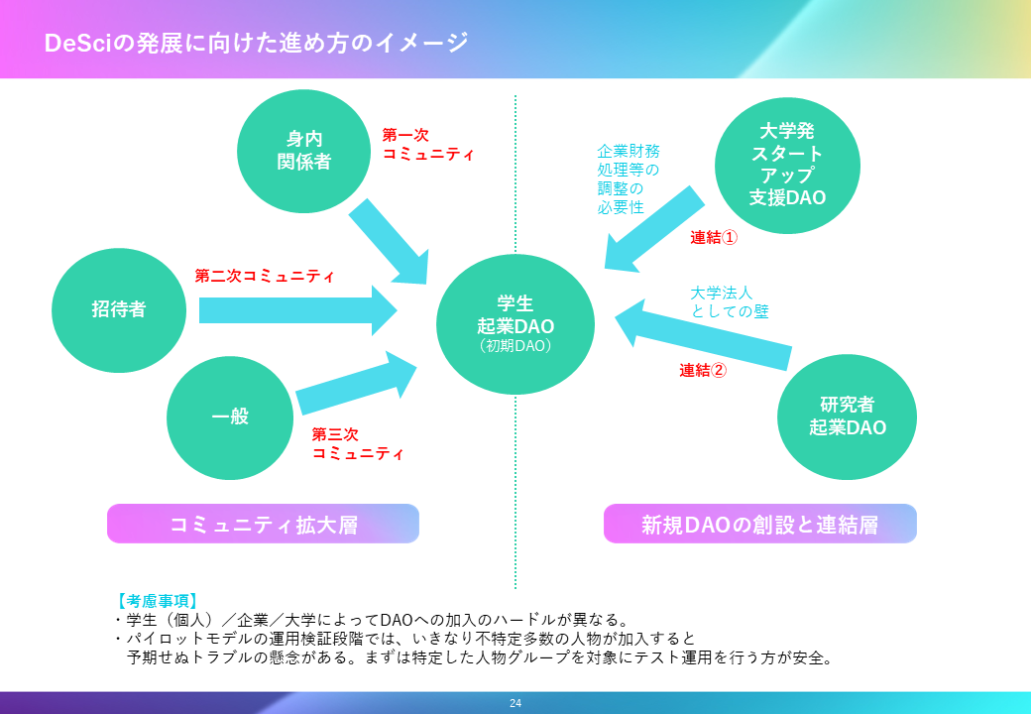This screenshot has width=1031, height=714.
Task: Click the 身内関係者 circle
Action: [x=296, y=150]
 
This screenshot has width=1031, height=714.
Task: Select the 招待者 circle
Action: [x=119, y=309]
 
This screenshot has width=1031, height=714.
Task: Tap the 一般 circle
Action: [x=230, y=416]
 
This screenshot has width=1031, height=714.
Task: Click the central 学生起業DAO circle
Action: [x=515, y=323]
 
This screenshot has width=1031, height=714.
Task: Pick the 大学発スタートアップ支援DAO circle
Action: [x=787, y=164]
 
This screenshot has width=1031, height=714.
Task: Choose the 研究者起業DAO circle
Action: [x=847, y=416]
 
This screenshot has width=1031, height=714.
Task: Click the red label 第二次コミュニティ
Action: [x=265, y=276]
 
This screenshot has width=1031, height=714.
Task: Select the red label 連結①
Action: [x=714, y=238]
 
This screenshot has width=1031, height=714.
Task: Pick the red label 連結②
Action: [x=703, y=370]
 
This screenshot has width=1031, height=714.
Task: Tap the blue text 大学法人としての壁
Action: [x=729, y=301]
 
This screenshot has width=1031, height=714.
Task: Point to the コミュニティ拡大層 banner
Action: [x=263, y=524]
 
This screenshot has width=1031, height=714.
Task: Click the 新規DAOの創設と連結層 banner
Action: [x=759, y=524]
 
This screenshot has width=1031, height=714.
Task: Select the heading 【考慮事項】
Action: [x=157, y=600]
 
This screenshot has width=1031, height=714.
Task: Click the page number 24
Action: [x=515, y=703]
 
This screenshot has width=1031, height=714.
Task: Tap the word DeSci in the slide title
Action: [x=77, y=44]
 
